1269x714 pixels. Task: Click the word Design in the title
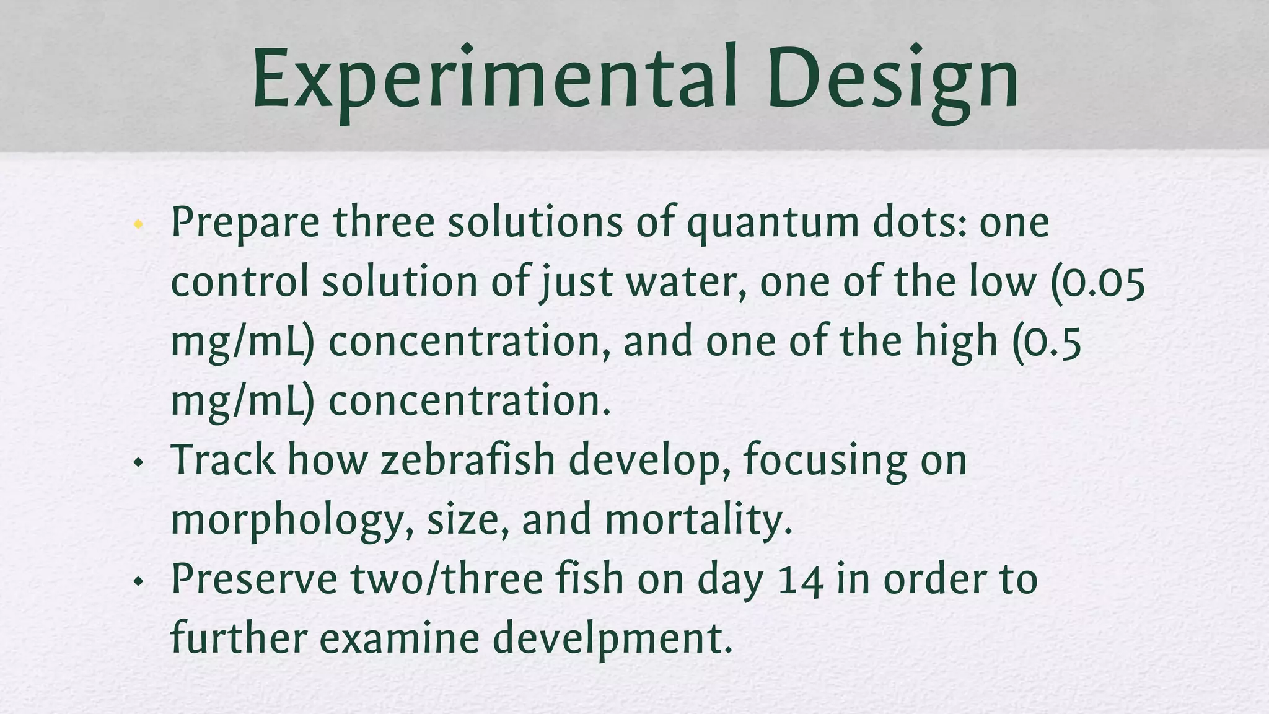coord(892,79)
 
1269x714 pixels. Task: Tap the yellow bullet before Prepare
coord(138,224)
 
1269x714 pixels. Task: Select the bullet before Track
coord(138,462)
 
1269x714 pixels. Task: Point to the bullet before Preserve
coord(138,581)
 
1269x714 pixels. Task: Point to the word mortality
coord(698,519)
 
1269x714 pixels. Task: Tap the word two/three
coord(446,580)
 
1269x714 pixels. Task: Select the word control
coord(239,283)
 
